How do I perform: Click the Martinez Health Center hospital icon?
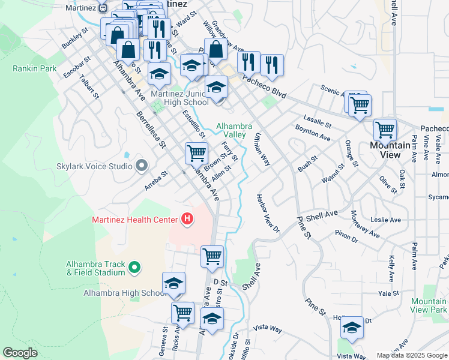click(x=187, y=220)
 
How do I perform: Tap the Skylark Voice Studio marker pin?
click(x=142, y=165)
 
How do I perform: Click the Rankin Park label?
click(x=35, y=68)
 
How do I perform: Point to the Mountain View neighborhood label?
click(x=390, y=150)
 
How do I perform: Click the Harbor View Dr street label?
click(x=268, y=213)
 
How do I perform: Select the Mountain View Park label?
click(x=429, y=305)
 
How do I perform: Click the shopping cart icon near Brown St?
click(x=196, y=153)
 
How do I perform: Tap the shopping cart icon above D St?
click(x=212, y=256)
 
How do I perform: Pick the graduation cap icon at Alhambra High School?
click(x=173, y=283)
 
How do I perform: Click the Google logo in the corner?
click(x=20, y=353)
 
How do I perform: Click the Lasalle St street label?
click(x=317, y=120)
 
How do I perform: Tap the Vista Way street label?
click(x=268, y=328)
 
